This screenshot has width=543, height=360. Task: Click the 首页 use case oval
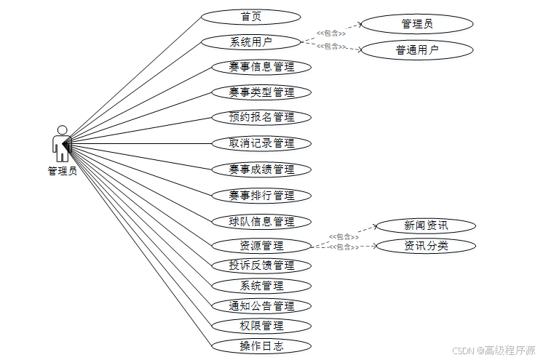[x=250, y=17]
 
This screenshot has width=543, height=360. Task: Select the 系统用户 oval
[x=250, y=41]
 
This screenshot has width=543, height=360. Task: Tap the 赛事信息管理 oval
[x=261, y=67]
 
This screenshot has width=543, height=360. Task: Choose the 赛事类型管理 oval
[x=261, y=92]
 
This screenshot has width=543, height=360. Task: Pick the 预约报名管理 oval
[x=261, y=117]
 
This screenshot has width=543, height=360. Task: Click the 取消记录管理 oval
[x=261, y=143]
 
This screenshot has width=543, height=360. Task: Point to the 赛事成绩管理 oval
[x=261, y=169]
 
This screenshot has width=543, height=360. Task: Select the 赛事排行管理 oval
[x=261, y=196]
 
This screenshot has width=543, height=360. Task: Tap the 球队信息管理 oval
[x=261, y=222]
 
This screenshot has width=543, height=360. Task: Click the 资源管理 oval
[x=261, y=246]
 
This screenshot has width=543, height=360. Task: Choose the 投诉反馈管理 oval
[x=261, y=265]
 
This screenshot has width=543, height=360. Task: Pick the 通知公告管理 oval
[x=261, y=306]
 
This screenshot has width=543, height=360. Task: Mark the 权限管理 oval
[x=261, y=326]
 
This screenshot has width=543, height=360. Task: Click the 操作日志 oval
[x=261, y=346]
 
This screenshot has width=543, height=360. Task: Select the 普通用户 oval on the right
[x=417, y=50]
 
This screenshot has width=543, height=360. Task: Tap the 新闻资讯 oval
[x=426, y=225]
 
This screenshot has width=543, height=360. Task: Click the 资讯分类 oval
[x=426, y=246]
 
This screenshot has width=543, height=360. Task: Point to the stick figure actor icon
[x=62, y=143]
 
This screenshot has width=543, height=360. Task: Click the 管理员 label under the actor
[x=62, y=172]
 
